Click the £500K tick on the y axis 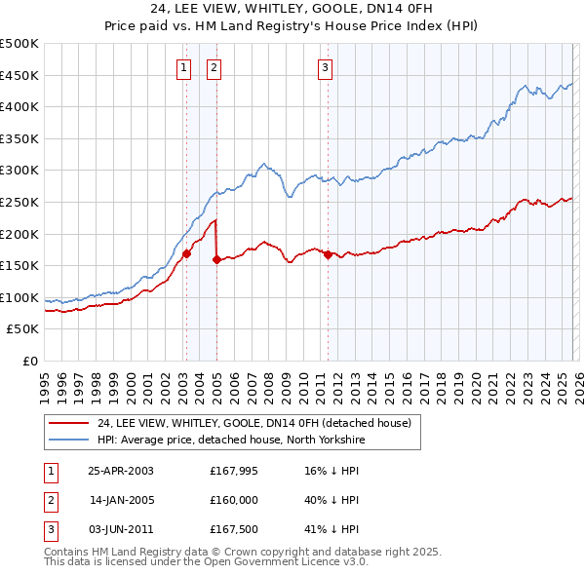click(19, 44)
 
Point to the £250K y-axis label click(19, 202)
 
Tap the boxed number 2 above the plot click(214, 67)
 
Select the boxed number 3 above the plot click(325, 67)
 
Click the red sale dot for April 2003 click(186, 254)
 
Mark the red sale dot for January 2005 click(216, 259)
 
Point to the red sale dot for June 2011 click(328, 254)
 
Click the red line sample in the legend click(68, 423)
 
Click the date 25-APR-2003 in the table click(121, 470)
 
